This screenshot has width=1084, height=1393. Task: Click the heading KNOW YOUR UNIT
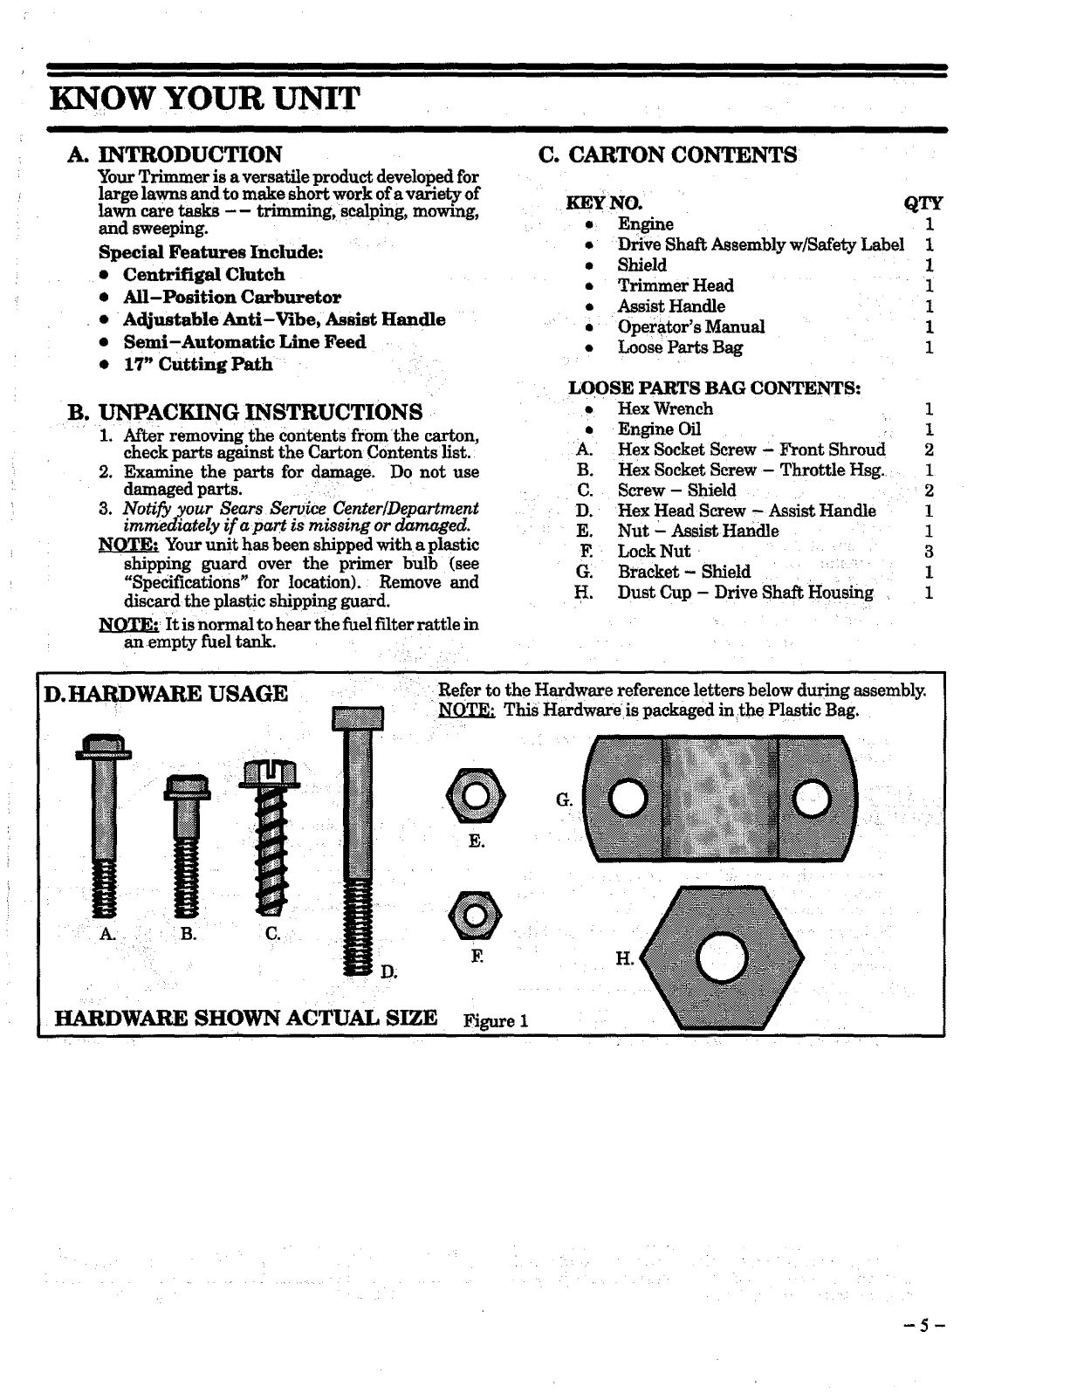[x=204, y=97]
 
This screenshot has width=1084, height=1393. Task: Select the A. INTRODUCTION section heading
[x=175, y=154]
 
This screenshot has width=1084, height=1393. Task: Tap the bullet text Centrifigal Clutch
[x=203, y=275]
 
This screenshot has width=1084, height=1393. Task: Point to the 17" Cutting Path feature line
[x=197, y=365]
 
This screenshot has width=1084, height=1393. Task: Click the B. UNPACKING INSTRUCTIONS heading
[x=245, y=411]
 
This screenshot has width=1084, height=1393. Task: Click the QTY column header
[x=923, y=203]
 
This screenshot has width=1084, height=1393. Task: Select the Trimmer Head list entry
[x=676, y=285]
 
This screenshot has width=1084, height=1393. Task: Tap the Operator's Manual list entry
[x=690, y=326]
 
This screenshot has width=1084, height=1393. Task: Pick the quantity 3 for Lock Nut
[x=930, y=552]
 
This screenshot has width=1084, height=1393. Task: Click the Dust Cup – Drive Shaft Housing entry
[x=745, y=593]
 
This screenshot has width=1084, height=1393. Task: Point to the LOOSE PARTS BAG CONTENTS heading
[x=715, y=388]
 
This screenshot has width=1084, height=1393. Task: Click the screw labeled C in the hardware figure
[x=272, y=838]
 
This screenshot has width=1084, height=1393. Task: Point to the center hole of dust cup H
[x=721, y=959]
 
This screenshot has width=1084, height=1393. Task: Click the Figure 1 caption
[x=497, y=1020]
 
